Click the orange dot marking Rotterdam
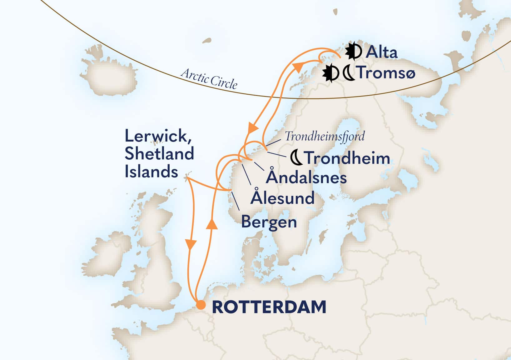coord(201,305)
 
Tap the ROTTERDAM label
coord(269,307)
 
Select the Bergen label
coord(269,222)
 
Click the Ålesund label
coord(283,198)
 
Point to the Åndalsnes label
coord(306,177)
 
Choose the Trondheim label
coord(348,158)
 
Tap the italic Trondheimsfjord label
coord(325,136)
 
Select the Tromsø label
coord(386,72)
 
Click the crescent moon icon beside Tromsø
coord(349,73)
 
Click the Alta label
coord(381,52)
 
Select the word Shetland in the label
coord(159,154)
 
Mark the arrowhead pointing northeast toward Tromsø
coord(298,67)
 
